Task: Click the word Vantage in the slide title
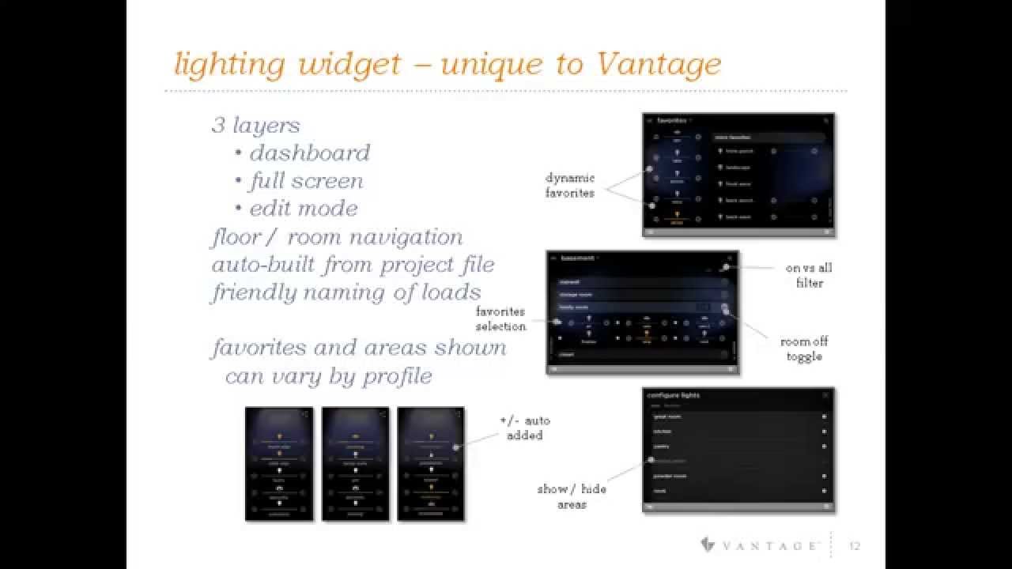pos(658,64)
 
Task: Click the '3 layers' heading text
pos(255,125)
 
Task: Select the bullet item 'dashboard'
pos(309,153)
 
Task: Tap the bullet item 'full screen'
pos(306,181)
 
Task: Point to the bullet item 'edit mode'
pos(304,209)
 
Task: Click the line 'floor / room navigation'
pos(337,237)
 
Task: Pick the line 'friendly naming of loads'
pos(346,292)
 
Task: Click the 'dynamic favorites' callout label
pos(569,186)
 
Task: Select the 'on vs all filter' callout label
pos(808,275)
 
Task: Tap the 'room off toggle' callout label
pos(803,349)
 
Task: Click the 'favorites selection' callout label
pos(500,319)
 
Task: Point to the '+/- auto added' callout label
pos(525,428)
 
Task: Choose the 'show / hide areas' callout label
pos(572,496)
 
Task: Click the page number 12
pos(855,545)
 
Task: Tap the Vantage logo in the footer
pos(760,545)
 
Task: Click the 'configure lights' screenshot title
pos(673,395)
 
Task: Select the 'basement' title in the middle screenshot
pos(577,258)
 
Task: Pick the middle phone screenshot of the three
pos(355,464)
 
